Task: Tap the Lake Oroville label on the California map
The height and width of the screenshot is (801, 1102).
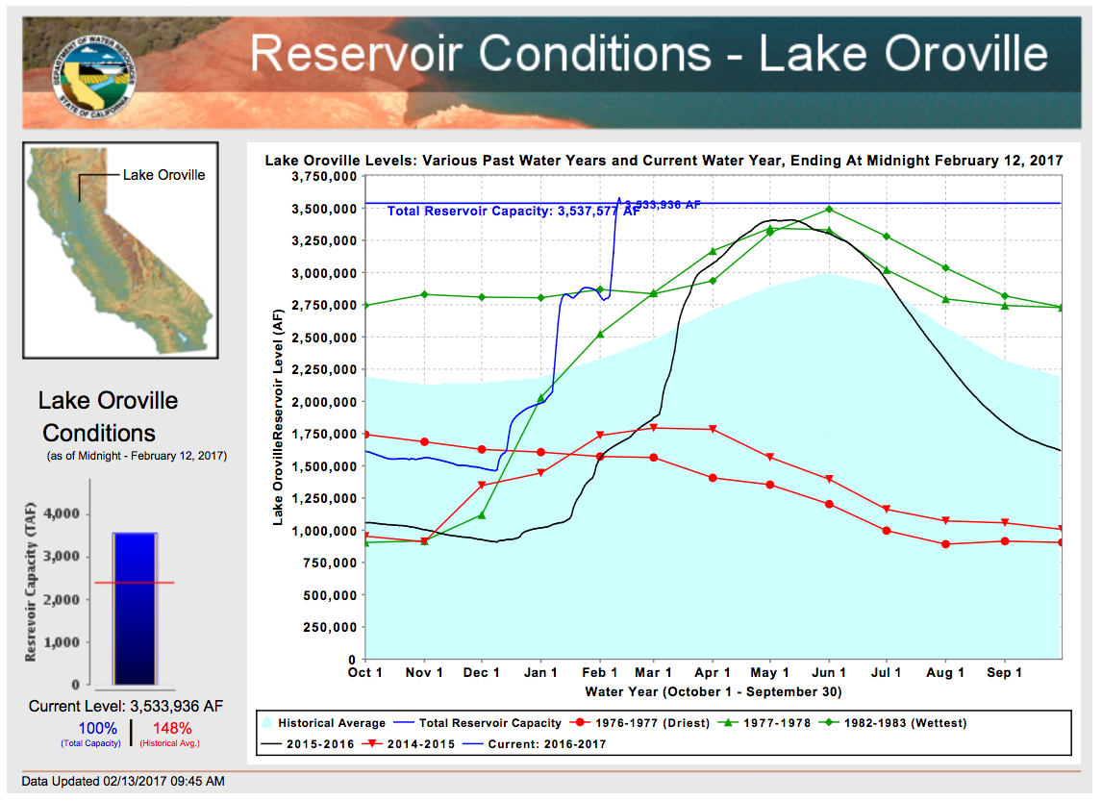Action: tap(163, 175)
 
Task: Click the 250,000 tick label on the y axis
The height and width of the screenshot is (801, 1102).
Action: tap(329, 627)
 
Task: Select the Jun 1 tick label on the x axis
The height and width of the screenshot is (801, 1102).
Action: tap(829, 673)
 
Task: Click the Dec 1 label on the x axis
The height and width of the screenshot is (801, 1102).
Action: tap(482, 673)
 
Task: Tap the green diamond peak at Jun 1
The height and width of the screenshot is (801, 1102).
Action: tap(829, 210)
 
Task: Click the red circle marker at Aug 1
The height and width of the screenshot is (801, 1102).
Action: tap(946, 544)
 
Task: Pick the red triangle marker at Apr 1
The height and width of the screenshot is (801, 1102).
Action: tap(713, 429)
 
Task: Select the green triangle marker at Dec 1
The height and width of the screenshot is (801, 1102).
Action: tap(482, 515)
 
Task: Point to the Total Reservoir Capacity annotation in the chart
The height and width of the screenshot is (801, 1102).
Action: tap(513, 211)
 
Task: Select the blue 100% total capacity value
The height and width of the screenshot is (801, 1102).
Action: tap(97, 728)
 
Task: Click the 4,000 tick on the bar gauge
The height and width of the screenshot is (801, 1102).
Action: tap(61, 514)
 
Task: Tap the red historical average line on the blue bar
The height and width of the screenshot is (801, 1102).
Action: tap(135, 583)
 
